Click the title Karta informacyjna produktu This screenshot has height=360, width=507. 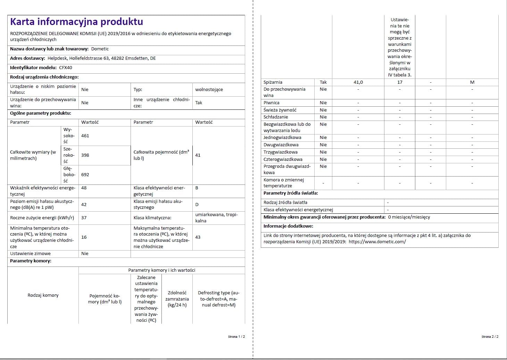tap(76, 22)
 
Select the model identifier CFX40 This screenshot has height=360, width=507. tap(66, 68)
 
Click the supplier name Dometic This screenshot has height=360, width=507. tap(100, 49)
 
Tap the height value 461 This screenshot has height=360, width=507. tap(85, 136)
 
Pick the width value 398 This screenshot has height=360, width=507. tap(85, 155)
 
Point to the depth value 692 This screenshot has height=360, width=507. tap(85, 175)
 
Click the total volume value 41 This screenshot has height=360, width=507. tap(198, 155)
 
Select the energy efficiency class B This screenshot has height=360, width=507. tap(197, 188)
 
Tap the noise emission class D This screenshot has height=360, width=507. tap(197, 205)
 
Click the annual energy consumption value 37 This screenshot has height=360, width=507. tap(84, 218)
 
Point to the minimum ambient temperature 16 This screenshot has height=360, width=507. tap(84, 237)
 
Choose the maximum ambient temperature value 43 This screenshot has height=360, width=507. tap(198, 237)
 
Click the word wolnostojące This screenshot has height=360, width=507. tap(209, 90)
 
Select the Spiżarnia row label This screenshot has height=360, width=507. tap(273, 82)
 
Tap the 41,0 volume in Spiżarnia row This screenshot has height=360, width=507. tap(358, 82)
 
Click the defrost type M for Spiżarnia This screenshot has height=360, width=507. tap(472, 82)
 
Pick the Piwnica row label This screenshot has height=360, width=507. tap(272, 103)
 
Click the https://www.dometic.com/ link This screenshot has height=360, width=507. tap(377, 242)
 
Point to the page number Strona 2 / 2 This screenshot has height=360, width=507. tap(490, 337)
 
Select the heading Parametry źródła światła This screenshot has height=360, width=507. tap(291, 193)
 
